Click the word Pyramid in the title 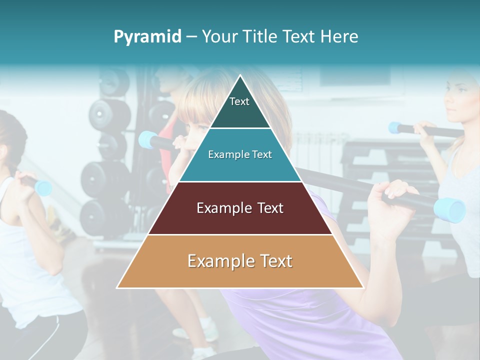coord(147,37)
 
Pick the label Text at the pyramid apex coord(239,101)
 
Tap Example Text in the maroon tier coord(240,208)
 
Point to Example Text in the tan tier coord(240,261)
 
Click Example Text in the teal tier coord(240,154)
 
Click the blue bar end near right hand coord(449,209)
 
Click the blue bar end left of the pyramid coord(148,139)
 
